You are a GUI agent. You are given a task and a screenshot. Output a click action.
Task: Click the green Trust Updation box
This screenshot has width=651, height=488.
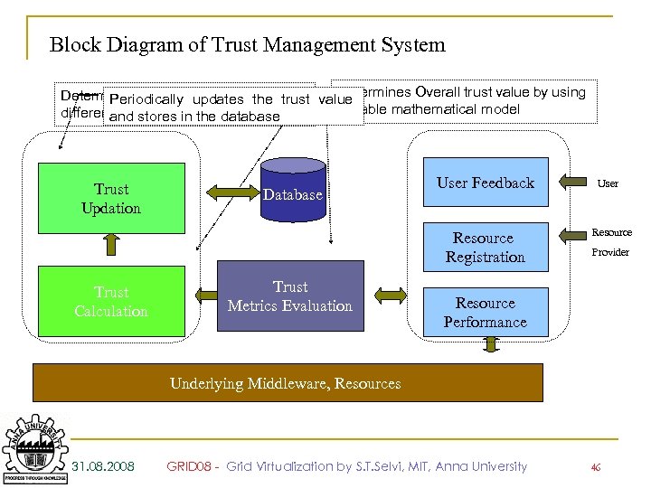(x=111, y=198)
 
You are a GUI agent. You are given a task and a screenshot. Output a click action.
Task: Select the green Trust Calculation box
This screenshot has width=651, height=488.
(x=111, y=302)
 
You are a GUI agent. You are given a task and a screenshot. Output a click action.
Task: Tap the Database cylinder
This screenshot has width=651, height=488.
(x=292, y=189)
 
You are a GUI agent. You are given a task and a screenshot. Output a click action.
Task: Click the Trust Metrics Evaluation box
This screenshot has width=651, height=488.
(x=290, y=296)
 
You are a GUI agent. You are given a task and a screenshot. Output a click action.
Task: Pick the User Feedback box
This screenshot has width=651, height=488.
(x=486, y=183)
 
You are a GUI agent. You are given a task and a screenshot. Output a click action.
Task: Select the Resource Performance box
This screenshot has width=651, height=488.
(x=485, y=313)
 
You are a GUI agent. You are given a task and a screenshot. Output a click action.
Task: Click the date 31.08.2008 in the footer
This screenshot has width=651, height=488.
(x=103, y=466)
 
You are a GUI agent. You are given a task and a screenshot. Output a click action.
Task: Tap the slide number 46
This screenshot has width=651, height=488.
(x=595, y=467)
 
